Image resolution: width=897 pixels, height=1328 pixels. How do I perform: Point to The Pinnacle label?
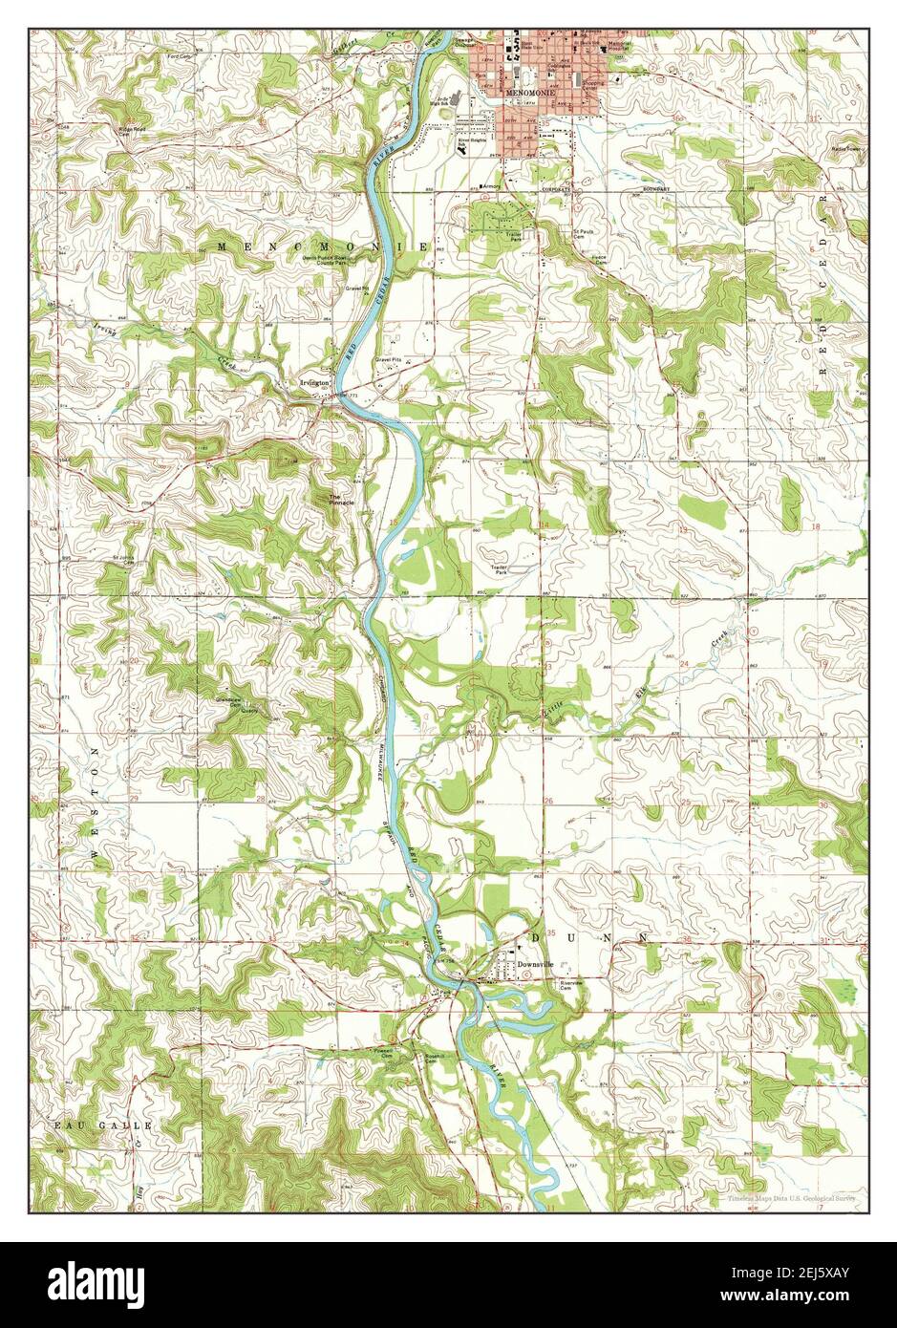click(341, 500)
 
